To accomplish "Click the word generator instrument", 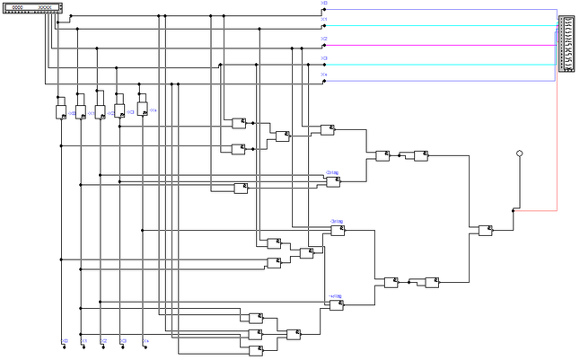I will click(x=34, y=8).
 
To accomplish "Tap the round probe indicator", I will click(x=519, y=154).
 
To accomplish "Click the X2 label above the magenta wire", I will click(x=324, y=40).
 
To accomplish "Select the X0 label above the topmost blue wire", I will click(x=324, y=4).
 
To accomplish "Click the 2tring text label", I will click(x=332, y=171).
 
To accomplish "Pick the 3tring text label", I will click(x=337, y=220).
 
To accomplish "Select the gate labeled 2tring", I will click(x=333, y=181).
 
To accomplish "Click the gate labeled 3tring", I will click(x=337, y=231).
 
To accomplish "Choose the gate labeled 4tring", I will click(x=336, y=305).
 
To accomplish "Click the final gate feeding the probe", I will click(x=485, y=230).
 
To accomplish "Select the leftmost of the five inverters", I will click(x=60, y=112).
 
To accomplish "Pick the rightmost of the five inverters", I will click(x=141, y=111).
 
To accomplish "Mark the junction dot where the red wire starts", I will click(x=514, y=211).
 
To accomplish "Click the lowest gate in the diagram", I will click(x=255, y=348).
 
